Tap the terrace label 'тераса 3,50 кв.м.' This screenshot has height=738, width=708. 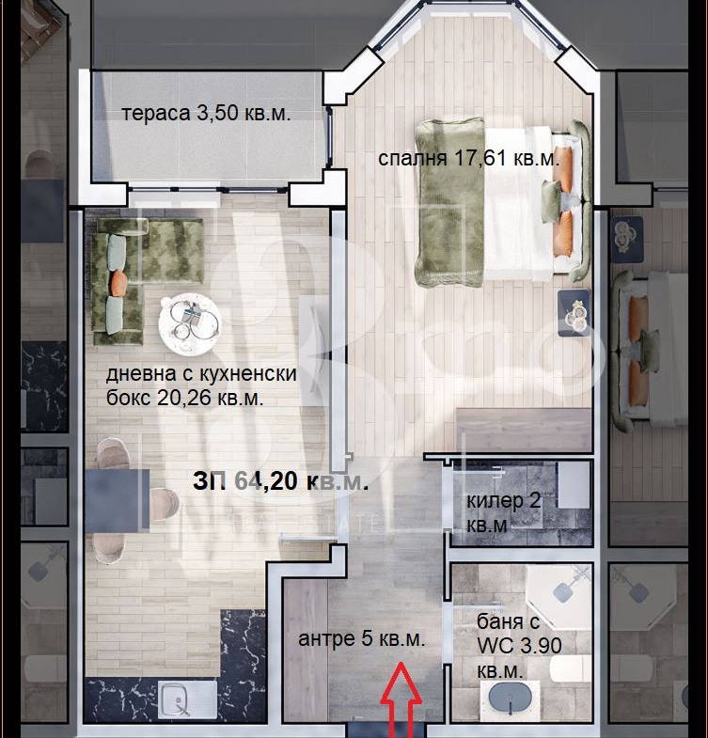coord(206,114)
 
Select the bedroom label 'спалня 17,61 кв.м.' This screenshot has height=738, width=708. coord(469,158)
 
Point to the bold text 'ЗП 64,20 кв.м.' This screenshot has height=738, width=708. coord(280,481)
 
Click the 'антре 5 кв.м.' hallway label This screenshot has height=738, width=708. coord(362,638)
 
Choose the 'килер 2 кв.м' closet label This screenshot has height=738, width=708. coord(503,512)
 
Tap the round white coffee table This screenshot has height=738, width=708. coord(189,322)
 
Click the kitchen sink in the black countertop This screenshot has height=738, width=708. coord(187,699)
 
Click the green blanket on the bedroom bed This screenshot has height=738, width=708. coord(449,202)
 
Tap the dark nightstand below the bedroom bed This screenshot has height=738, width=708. coord(574,313)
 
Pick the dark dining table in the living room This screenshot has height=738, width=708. coord(118,501)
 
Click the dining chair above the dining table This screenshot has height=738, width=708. coord(113,453)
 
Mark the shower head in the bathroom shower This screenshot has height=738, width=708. coord(566,591)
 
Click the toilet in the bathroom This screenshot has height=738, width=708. coord(570,667)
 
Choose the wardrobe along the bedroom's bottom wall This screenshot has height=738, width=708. coord(524,431)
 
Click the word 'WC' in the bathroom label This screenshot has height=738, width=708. coord(492,646)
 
